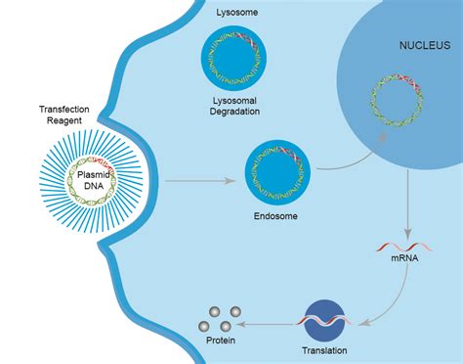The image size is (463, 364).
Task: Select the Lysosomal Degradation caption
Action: pyautogui.click(x=233, y=107)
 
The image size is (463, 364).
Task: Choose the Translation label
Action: pyautogui.click(x=322, y=349)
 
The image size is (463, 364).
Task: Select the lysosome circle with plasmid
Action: pyautogui.click(x=233, y=61)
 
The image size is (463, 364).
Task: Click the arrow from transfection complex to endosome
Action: pyautogui.click(x=200, y=181)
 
